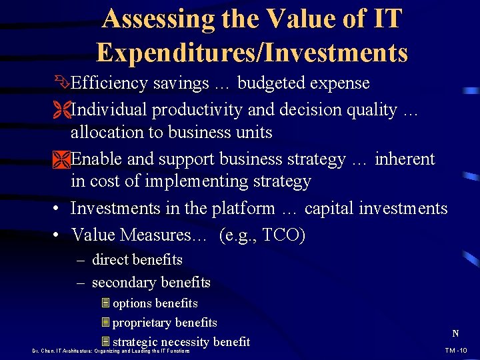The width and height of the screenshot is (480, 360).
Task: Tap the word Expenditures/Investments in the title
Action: tap(251, 52)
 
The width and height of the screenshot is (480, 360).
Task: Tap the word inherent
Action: tap(405, 159)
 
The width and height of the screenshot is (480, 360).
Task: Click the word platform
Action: tap(237, 209)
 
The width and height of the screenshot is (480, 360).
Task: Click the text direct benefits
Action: tap(137, 260)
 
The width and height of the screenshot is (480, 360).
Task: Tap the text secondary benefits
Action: tap(151, 283)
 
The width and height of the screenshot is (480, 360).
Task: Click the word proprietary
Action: tap(143, 323)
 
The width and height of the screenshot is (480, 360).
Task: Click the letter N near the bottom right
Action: tap(455, 333)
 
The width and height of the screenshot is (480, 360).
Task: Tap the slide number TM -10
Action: tap(456, 350)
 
